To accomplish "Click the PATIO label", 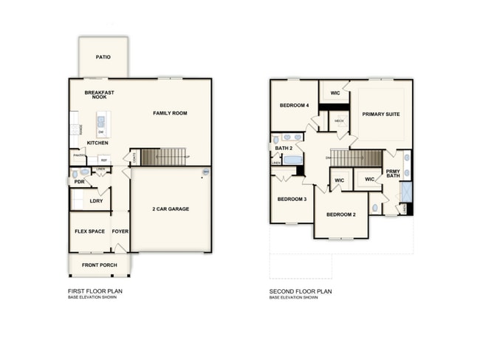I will click(x=103, y=57).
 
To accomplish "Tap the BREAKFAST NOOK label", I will click(x=99, y=95).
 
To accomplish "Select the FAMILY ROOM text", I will click(x=170, y=113).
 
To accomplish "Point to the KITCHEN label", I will click(x=98, y=143).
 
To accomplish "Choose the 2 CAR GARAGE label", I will click(x=171, y=209).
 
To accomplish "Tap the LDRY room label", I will click(x=96, y=200).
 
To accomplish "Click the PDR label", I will click(x=79, y=181).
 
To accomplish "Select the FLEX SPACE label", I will click(x=90, y=231).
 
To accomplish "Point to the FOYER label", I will click(x=120, y=231).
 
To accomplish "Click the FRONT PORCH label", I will click(x=100, y=265).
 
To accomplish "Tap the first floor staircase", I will click(x=163, y=157).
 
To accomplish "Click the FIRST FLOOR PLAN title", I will click(x=95, y=291).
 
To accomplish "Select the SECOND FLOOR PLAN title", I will click(x=301, y=291).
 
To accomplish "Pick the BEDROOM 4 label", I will click(x=294, y=106).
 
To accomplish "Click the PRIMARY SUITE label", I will click(x=381, y=114).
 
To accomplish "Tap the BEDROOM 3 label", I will click(x=292, y=200).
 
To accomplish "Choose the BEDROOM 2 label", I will click(x=340, y=214).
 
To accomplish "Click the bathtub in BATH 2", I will click(x=292, y=160).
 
